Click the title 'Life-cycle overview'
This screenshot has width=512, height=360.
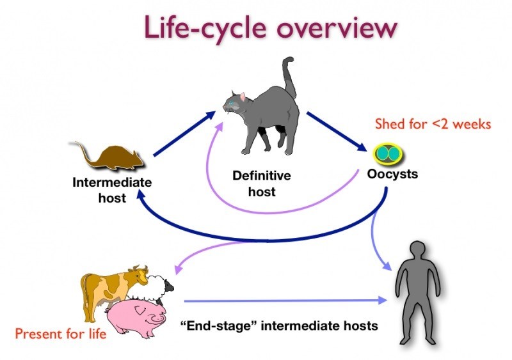coord(269,28)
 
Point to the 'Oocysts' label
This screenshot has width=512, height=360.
coord(392,173)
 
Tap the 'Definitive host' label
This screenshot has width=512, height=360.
coord(261,183)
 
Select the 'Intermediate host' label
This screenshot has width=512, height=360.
coord(112,190)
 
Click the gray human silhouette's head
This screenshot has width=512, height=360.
coord(418,251)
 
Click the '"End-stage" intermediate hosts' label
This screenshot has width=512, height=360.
coord(279,325)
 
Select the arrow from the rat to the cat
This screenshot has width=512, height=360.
coord(184,135)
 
